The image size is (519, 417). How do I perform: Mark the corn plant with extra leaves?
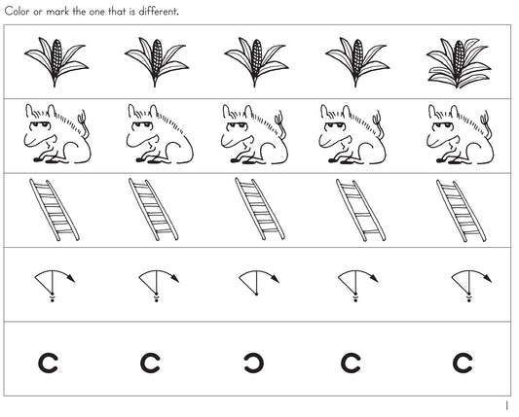pos(459,63)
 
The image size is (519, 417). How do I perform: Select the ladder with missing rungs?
pos(360,210)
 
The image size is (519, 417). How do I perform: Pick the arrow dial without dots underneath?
pos(258,283)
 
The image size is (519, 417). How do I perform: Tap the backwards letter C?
pos(254,364)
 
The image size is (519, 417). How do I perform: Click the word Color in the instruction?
pos(17,12)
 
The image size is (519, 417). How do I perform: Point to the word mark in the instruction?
pos(57,12)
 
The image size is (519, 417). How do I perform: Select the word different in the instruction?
pos(157,12)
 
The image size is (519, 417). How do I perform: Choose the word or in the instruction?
pos(38,13)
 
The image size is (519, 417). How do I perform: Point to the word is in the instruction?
pos(132,12)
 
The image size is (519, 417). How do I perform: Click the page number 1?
pos(506,405)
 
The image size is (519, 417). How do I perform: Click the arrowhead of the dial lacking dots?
pos(276,279)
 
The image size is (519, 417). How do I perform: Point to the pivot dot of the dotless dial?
pos(256,294)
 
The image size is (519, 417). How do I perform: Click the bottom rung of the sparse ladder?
pos(371,232)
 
